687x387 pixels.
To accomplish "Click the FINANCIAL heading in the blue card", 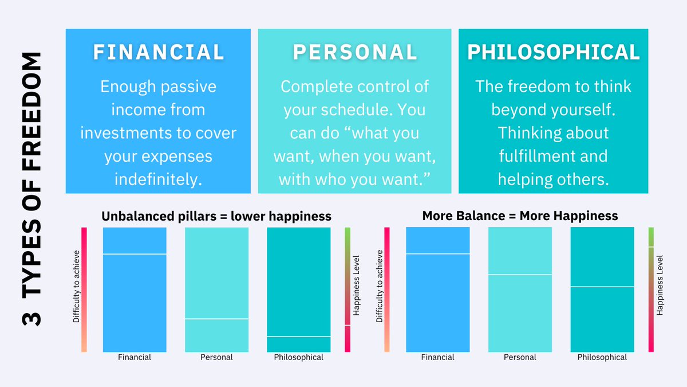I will (x=159, y=52).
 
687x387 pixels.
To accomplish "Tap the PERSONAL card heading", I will (x=355, y=52).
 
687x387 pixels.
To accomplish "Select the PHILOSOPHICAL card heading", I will (x=553, y=52).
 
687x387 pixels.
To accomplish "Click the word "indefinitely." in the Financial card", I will (x=159, y=179).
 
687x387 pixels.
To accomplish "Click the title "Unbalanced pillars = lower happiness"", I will (x=216, y=216).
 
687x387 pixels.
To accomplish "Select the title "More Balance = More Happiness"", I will (x=520, y=216).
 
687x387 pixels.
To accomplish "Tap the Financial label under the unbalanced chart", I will (x=135, y=357).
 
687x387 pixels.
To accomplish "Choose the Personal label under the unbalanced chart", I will (x=216, y=357).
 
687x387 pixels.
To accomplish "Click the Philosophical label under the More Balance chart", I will (x=602, y=357).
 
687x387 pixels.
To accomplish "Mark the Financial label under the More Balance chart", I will (x=437, y=357).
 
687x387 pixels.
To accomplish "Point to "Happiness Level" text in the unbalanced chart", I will (x=356, y=290).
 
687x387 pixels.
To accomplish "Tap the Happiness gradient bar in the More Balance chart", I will (x=651, y=290).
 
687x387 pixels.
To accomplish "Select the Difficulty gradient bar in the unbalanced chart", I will (x=84, y=290).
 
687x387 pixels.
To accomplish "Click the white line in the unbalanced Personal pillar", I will (x=216, y=319).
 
